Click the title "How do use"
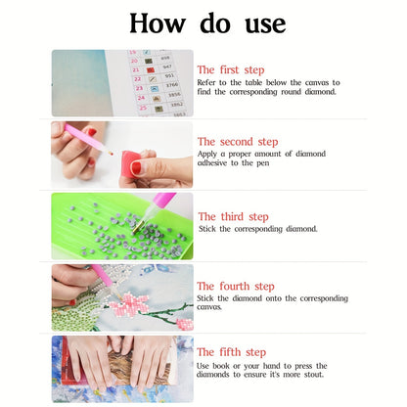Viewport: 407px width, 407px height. coord(207,23)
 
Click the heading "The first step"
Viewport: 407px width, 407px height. coord(231,70)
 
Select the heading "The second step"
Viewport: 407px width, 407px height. coord(238,142)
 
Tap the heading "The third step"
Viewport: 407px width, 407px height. coord(234,217)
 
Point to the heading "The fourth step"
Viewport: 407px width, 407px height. coord(236,287)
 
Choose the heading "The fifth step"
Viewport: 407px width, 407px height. coord(231,352)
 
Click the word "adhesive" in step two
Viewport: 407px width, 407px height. coord(212,162)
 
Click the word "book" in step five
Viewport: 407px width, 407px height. coord(221,366)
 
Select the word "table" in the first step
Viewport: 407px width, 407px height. coord(253,82)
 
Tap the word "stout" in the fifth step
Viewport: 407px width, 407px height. coord(313,375)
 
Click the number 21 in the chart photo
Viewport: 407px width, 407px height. coord(136,69)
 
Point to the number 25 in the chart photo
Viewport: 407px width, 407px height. coord(143,108)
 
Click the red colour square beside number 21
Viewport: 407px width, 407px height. coord(150,69)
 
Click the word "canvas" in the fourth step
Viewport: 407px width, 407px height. coord(208,307)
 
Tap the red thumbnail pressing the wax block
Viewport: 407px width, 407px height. coord(136,167)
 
